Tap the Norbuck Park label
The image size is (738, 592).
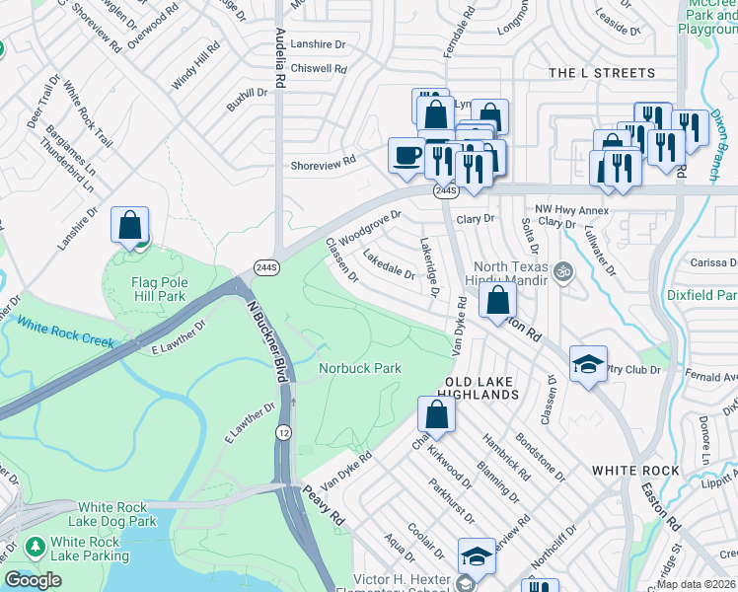(x=359, y=368)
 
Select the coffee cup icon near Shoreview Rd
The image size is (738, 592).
(x=407, y=156)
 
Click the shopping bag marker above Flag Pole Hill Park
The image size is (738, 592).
(x=129, y=225)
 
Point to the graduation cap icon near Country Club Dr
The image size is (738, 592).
(x=588, y=366)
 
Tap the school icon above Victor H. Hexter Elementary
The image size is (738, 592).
(x=477, y=556)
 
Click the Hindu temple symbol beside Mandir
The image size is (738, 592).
(x=563, y=270)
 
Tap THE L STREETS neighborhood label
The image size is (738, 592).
(x=601, y=73)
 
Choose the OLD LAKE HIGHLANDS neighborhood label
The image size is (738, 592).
(x=481, y=388)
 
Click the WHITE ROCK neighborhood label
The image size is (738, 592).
(x=632, y=472)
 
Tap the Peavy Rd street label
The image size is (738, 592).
(x=322, y=505)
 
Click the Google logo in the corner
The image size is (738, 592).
(x=33, y=580)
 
